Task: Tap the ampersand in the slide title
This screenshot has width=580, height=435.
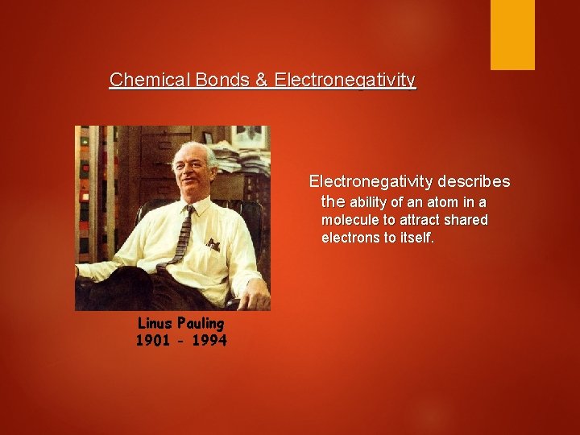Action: [x=263, y=81]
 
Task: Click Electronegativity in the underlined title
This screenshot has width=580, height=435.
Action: [x=345, y=81]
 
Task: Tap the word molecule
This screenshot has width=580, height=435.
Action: [x=350, y=220]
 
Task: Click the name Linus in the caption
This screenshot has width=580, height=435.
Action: [x=155, y=323]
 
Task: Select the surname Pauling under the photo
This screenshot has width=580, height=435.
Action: [x=201, y=324]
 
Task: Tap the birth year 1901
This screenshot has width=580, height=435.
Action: [x=154, y=341]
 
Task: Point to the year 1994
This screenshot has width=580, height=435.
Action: [x=209, y=341]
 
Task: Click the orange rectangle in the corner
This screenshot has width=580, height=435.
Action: [x=512, y=34]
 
